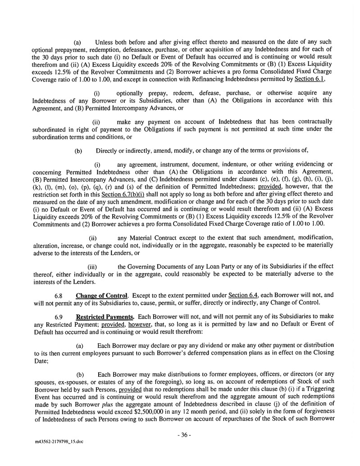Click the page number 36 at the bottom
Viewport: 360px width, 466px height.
click(x=185, y=435)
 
